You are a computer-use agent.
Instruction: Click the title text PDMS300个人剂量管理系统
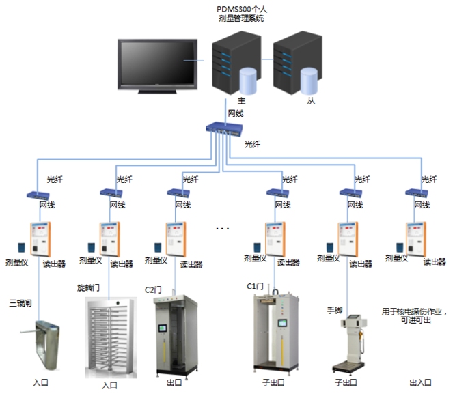(x=236, y=14)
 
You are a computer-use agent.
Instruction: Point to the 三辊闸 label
(x=20, y=301)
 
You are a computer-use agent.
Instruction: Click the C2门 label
(x=153, y=289)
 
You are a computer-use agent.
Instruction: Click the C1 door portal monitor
(x=281, y=328)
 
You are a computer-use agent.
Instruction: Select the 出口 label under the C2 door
(x=174, y=383)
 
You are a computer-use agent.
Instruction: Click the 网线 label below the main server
(x=236, y=113)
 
